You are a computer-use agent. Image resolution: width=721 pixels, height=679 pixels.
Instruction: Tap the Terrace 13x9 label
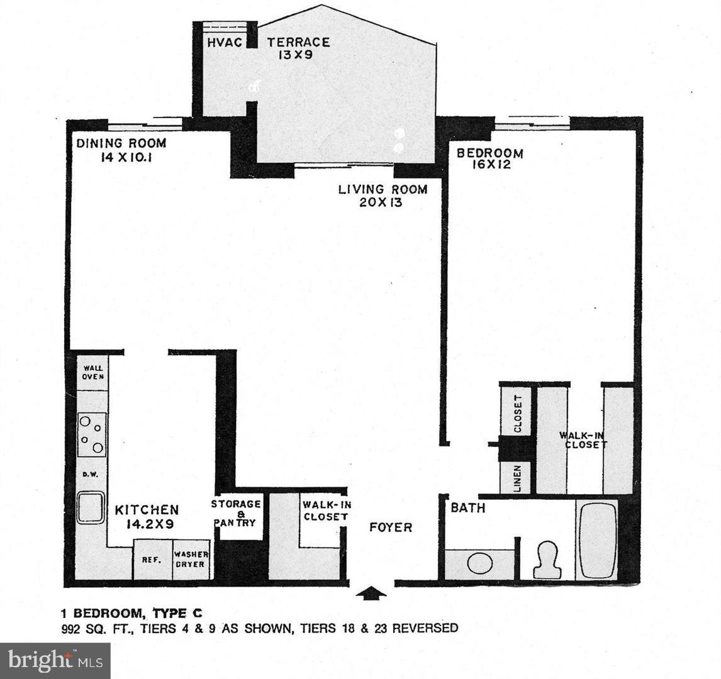[298, 48]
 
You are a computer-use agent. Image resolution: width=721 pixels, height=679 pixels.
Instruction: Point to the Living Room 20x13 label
[383, 195]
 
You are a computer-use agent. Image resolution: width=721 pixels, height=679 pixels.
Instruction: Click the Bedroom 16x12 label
[490, 158]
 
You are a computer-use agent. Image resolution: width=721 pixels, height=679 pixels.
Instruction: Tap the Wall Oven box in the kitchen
[92, 373]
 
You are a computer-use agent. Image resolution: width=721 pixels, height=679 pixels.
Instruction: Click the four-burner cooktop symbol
[92, 434]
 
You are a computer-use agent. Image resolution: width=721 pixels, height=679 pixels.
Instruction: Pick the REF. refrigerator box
[152, 560]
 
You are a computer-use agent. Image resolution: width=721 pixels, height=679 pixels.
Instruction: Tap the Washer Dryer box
[191, 560]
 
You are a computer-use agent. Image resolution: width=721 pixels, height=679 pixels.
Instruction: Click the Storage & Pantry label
[236, 513]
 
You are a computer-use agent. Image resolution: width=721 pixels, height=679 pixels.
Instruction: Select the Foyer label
[391, 527]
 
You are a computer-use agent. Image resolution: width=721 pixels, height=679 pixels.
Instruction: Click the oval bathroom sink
[479, 563]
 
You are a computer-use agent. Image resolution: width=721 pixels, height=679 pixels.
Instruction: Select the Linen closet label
[517, 478]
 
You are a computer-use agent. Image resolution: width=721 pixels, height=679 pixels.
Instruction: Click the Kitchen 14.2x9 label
[147, 517]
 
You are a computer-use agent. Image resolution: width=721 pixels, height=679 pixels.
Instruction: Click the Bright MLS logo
[55, 660]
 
